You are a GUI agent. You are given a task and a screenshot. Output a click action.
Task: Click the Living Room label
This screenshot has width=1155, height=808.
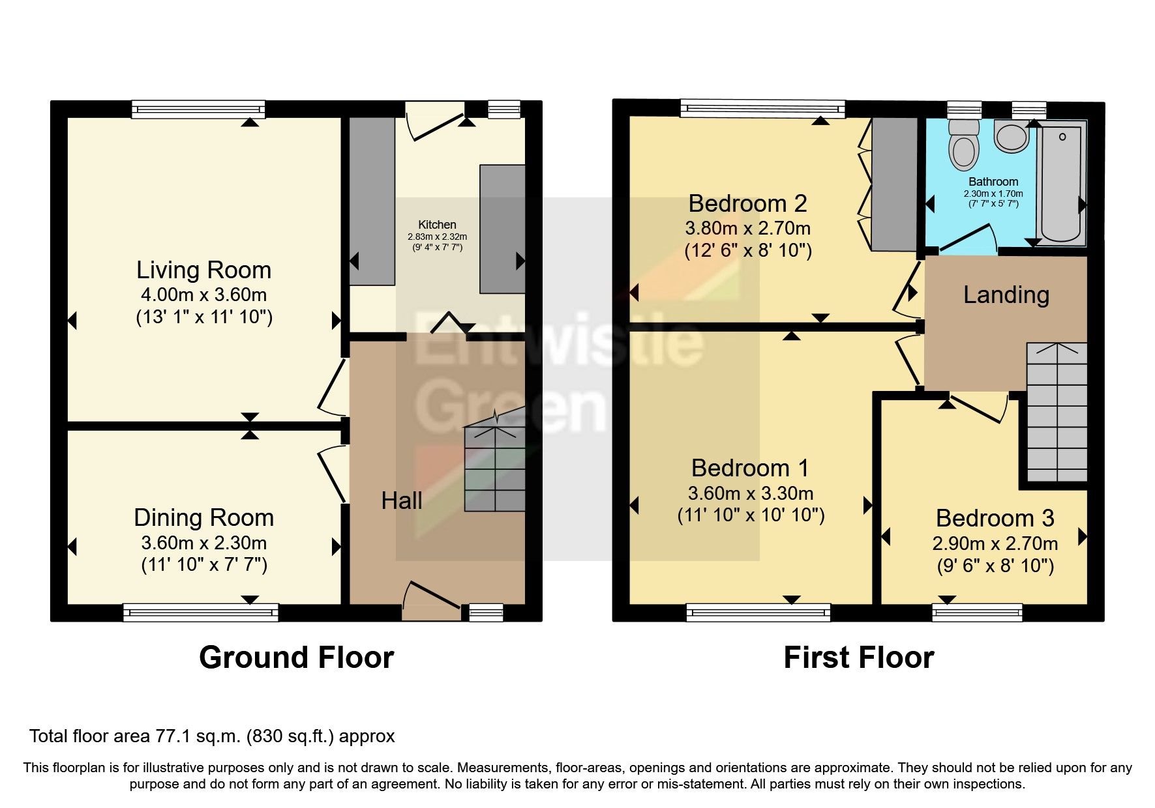tap(203, 270)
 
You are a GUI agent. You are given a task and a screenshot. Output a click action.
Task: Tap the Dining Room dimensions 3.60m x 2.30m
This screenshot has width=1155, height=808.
tap(203, 543)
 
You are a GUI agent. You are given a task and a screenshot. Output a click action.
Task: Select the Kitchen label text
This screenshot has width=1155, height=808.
tap(437, 225)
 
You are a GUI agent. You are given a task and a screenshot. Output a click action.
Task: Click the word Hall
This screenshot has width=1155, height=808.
tap(402, 500)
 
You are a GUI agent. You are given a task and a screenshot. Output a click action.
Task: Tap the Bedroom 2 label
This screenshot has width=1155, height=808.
tap(747, 204)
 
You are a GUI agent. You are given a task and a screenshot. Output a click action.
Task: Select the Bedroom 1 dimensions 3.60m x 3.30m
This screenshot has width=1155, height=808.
tap(750, 493)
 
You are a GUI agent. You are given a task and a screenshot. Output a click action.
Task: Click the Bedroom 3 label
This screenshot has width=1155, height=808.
tap(995, 519)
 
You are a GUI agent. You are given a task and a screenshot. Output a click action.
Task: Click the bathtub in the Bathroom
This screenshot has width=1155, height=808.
tap(1060, 184)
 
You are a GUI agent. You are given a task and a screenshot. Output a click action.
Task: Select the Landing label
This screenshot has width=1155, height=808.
tap(1006, 295)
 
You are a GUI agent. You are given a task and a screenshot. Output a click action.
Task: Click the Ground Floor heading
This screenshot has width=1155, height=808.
tap(296, 657)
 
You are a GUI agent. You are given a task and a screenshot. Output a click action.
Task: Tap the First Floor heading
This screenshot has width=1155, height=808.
tap(858, 657)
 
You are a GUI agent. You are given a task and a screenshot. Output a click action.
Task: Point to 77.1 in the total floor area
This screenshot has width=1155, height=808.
tap(172, 736)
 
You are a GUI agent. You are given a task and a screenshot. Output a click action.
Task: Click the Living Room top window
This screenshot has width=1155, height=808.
tap(198, 109)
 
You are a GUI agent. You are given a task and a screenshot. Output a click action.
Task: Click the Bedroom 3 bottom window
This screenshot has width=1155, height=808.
tap(977, 612)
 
